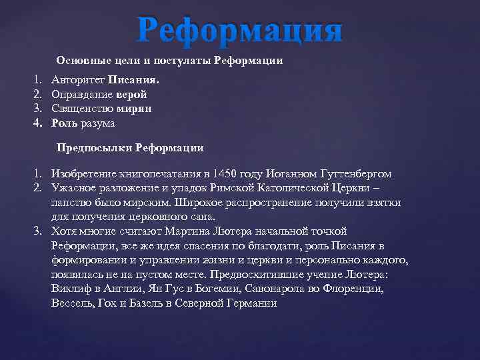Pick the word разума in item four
98,123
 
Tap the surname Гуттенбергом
353,173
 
